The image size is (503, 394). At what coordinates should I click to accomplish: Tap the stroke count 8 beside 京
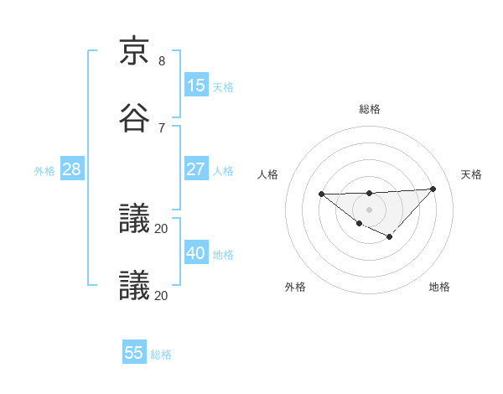(x=162, y=61)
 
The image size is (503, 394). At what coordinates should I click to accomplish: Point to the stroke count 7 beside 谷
(x=162, y=127)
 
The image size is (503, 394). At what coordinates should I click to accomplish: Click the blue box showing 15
(x=196, y=86)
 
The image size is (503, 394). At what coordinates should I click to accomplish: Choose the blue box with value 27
(x=196, y=169)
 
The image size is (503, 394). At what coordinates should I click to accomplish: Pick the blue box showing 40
(x=196, y=253)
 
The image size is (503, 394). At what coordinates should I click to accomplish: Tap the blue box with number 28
(x=72, y=169)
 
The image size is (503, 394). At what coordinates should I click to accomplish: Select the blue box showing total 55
(x=134, y=353)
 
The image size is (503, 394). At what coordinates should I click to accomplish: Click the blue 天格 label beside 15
(x=223, y=86)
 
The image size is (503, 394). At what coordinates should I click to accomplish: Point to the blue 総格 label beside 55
(x=161, y=355)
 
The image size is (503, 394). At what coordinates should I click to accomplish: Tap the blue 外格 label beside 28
(x=44, y=171)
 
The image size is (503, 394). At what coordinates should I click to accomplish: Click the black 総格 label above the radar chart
(x=370, y=109)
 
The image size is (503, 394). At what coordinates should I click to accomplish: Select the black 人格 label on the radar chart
(x=268, y=174)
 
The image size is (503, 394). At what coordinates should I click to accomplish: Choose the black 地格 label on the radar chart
(x=439, y=287)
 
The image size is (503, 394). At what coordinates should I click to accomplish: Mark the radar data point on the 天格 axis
(x=433, y=189)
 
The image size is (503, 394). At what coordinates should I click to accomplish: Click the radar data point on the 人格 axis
(x=321, y=194)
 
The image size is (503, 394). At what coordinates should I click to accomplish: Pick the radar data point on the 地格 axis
(x=389, y=237)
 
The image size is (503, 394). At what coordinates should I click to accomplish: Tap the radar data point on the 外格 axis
(x=359, y=223)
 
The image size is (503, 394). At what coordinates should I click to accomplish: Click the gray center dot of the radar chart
(x=369, y=209)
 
